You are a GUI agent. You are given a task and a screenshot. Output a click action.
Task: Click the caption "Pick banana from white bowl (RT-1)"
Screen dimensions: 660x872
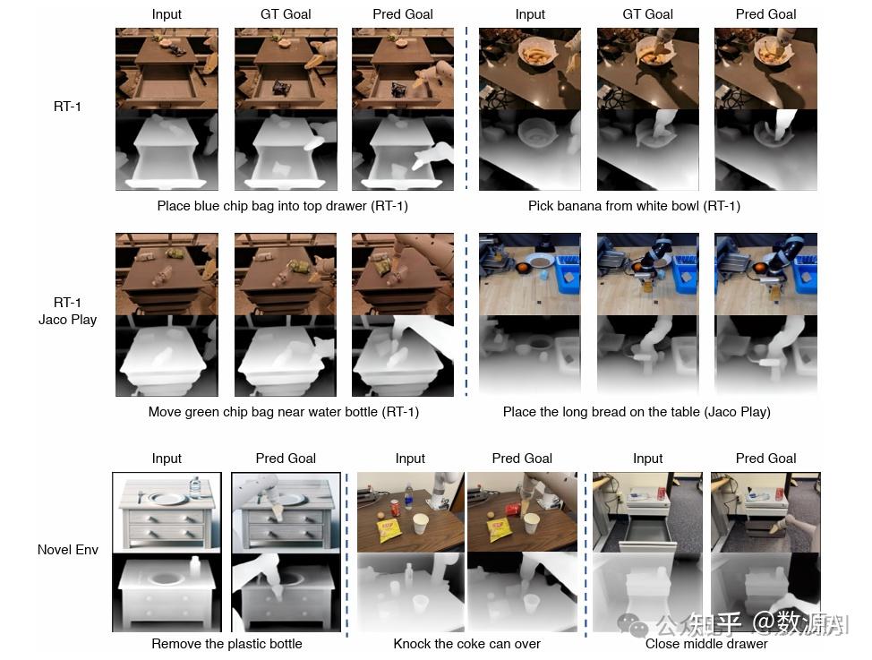click(634, 206)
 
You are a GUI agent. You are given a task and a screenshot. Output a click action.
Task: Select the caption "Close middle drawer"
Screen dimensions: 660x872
click(706, 643)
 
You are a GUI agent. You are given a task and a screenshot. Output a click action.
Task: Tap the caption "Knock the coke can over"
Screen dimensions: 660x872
click(466, 643)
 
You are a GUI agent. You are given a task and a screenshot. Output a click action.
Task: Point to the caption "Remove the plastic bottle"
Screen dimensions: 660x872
click(227, 643)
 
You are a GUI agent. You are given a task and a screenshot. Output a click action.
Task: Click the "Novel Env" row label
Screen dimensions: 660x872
click(68, 549)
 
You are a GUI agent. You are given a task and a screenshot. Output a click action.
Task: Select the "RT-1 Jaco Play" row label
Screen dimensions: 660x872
click(68, 311)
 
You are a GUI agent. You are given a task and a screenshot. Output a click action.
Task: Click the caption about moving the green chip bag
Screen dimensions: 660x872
click(283, 412)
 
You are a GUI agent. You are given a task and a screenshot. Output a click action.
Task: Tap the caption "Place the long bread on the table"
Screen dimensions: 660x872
click(637, 412)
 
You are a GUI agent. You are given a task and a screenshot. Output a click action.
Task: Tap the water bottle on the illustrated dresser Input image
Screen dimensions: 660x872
click(195, 487)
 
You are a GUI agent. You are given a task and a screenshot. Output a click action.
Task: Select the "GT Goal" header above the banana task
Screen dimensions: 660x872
click(647, 14)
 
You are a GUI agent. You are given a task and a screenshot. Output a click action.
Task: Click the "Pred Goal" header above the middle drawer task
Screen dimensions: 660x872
click(765, 459)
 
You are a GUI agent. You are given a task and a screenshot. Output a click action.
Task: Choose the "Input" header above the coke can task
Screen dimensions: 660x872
click(410, 459)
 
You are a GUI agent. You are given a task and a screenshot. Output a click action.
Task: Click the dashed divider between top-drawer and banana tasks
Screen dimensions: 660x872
click(466, 107)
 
